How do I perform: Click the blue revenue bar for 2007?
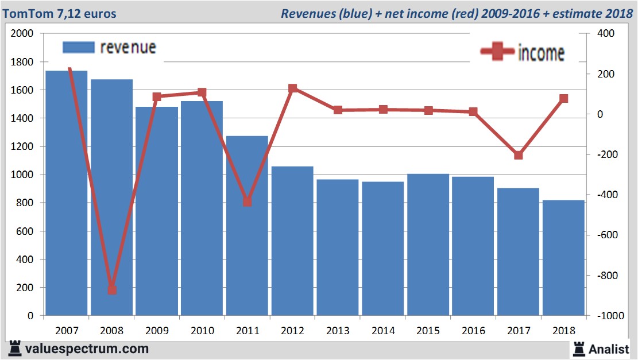coord(67,195)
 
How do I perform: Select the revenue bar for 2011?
coord(247,230)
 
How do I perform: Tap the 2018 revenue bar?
coord(563,258)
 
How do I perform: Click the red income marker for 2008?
coord(112,290)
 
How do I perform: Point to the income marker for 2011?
coord(248,202)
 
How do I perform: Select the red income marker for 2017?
coord(519,155)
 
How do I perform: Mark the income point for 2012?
coord(292,88)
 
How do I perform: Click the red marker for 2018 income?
coord(563,99)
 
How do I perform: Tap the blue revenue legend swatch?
coord(78,47)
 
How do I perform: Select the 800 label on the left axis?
coord(26,203)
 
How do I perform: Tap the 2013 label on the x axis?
coord(338,331)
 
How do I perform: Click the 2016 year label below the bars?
coord(473,331)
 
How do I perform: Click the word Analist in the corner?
coord(609,349)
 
